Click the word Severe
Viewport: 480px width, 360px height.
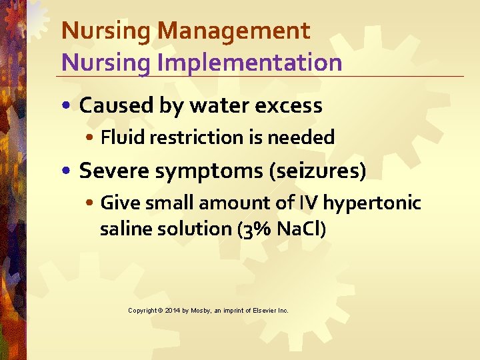click(x=114, y=171)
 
